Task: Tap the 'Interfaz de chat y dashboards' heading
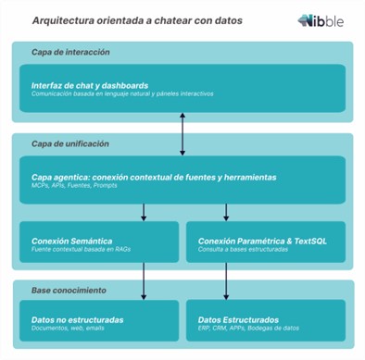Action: coord(87,84)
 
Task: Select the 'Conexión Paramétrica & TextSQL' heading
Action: coord(264,241)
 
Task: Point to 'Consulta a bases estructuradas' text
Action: coord(244,251)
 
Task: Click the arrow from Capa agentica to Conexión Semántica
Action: coord(145,212)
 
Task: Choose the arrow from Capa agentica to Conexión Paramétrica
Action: coord(225,212)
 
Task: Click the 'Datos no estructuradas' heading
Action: coord(78,319)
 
